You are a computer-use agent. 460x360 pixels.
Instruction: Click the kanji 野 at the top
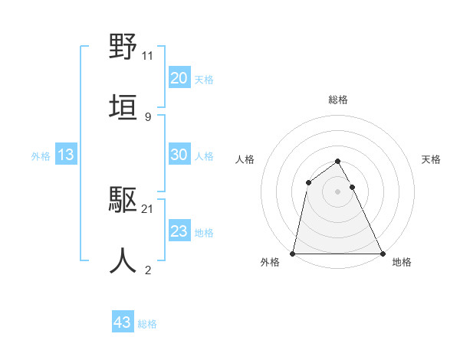(x=123, y=47)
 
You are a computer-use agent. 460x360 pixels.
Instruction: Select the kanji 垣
(x=123, y=106)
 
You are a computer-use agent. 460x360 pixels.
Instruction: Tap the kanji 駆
(x=123, y=201)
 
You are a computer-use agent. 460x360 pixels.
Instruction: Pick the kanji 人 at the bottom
(x=123, y=260)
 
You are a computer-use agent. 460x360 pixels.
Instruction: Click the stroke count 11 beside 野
(x=148, y=56)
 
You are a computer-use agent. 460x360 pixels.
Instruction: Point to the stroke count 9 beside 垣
(x=147, y=116)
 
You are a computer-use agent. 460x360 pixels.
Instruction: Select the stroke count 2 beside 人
(x=147, y=270)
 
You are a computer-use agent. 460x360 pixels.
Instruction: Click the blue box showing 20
(x=179, y=78)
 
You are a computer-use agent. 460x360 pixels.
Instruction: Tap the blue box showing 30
(x=179, y=155)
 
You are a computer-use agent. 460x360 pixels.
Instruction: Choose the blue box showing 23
(x=179, y=231)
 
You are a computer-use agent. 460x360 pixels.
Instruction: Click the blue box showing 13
(x=66, y=155)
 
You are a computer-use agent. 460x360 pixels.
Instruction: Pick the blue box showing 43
(x=123, y=322)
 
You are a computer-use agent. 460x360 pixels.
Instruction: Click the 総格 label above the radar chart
(x=338, y=100)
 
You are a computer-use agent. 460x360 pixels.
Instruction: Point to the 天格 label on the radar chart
(x=432, y=159)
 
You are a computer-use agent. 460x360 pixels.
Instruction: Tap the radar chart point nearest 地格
(x=382, y=253)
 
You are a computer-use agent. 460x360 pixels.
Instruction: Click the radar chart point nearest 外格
(x=293, y=253)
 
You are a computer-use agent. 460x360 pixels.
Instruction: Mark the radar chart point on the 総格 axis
(x=337, y=162)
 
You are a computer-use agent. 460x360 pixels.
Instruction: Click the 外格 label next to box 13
(x=41, y=155)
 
